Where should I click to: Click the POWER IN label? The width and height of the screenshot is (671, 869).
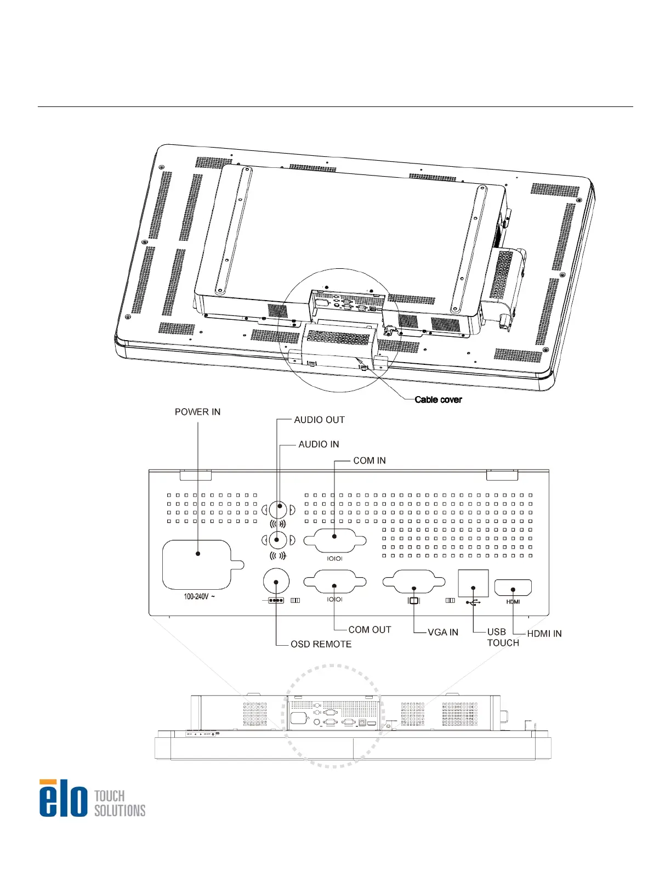click(197, 412)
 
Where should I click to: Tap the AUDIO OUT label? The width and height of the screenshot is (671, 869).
click(319, 420)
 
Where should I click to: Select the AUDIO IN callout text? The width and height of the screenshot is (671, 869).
click(319, 444)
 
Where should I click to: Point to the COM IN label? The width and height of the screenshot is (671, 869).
click(369, 461)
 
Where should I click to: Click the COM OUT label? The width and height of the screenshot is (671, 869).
click(369, 630)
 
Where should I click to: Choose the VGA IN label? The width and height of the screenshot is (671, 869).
click(443, 632)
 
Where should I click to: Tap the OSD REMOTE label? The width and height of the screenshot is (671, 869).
click(321, 644)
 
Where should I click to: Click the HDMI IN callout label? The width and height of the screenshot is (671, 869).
click(544, 634)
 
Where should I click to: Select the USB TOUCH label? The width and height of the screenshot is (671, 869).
click(503, 637)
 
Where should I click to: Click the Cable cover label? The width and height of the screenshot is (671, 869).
click(438, 399)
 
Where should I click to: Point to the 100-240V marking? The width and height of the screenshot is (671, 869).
click(199, 597)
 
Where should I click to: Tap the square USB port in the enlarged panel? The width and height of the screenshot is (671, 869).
click(473, 584)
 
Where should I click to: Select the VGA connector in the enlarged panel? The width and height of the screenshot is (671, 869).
click(414, 582)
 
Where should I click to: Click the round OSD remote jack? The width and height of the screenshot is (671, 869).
click(276, 582)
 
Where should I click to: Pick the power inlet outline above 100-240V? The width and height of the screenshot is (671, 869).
click(203, 565)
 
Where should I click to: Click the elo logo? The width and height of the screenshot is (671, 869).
click(63, 798)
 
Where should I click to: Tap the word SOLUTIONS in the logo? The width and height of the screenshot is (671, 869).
click(120, 811)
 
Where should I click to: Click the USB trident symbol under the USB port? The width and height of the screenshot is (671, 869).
click(473, 602)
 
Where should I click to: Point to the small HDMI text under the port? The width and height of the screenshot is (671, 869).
click(513, 602)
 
